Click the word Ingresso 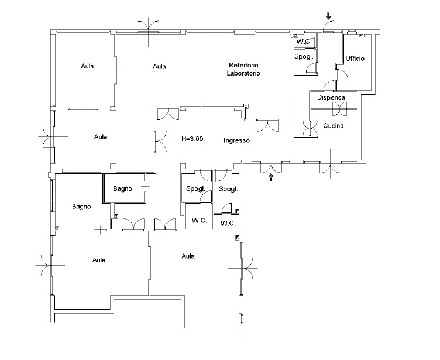pos(236,140)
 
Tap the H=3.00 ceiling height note pos(192,139)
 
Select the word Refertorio pos(243,65)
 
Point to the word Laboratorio pos(243,73)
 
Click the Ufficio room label pos(355,59)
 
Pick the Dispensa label pos(331,97)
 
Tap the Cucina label pos(334,125)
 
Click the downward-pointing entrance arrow pos(329,16)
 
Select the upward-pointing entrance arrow pos(271,177)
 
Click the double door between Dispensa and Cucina pos(339,109)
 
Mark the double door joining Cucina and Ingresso pos(310,128)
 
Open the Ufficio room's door pos(342,74)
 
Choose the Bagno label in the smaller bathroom pos(123,188)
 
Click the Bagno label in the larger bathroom pos(81,207)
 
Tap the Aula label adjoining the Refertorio pos(159,67)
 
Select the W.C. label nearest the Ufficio pos(304,42)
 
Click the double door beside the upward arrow pos(271,167)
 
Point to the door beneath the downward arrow pos(328,27)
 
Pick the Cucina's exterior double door pos(331,167)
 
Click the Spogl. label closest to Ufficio pos(304,57)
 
